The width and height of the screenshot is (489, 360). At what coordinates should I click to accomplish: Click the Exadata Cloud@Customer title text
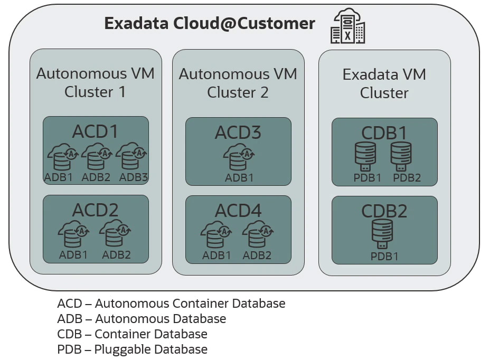210,24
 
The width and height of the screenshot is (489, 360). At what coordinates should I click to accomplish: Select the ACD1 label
96,131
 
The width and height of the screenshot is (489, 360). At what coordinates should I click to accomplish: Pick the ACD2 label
96,210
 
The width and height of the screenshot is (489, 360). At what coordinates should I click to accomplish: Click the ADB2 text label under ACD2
116,255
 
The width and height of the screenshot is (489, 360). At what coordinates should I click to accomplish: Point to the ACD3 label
238,132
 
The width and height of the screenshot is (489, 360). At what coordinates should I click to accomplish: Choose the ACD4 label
238,211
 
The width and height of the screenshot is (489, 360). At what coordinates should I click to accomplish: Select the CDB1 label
384,133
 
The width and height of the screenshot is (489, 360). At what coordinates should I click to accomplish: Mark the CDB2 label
384,211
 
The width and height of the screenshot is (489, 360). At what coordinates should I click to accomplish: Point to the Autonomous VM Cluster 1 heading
96,82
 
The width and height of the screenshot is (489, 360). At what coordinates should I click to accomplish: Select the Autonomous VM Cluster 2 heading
238,83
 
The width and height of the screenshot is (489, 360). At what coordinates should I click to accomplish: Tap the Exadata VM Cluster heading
384,83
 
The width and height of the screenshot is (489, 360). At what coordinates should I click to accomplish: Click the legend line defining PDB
133,349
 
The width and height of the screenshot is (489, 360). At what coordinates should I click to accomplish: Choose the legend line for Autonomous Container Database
172,304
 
